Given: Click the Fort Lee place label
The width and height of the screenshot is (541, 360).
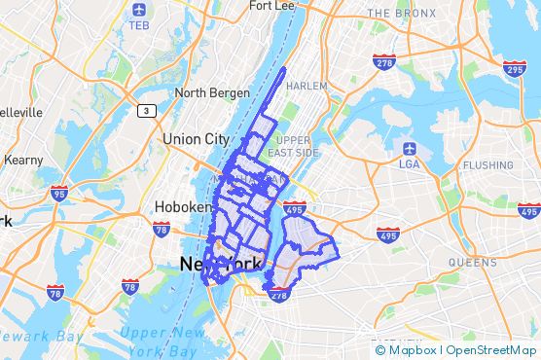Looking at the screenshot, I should [271, 6].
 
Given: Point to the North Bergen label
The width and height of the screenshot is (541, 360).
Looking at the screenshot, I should [207, 92].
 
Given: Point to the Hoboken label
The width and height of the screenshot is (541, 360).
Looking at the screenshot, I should [182, 207].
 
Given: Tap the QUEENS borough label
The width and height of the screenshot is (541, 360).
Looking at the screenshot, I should [473, 263].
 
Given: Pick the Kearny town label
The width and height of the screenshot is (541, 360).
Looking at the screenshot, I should [24, 160].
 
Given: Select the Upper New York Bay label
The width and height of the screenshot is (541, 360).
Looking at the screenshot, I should [162, 342].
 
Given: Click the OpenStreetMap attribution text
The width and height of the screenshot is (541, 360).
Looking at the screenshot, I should [490, 349].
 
